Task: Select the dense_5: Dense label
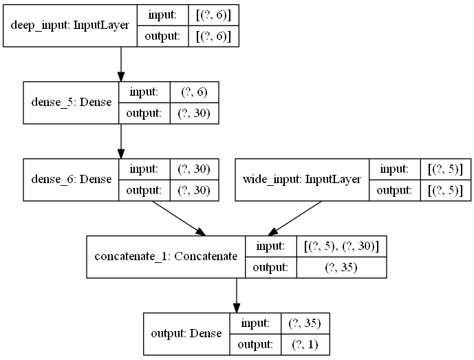click(x=70, y=103)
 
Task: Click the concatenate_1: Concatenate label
click(x=165, y=257)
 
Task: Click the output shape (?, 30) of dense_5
click(x=194, y=112)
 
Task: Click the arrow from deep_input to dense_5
click(x=121, y=63)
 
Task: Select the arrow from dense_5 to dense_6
click(x=121, y=141)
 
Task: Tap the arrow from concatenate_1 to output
click(x=236, y=295)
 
